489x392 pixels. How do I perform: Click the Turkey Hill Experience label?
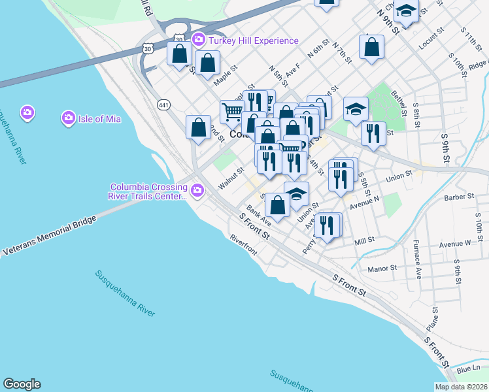tap(254, 41)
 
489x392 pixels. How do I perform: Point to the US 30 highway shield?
tap(148, 48)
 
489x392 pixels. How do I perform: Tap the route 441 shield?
tap(163, 105)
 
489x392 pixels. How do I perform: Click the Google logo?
tap(22, 384)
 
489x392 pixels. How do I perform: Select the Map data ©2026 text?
tap(461, 387)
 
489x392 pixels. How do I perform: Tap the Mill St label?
tap(363, 240)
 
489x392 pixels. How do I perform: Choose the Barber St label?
tap(458, 196)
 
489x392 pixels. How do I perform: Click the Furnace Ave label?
tap(417, 260)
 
